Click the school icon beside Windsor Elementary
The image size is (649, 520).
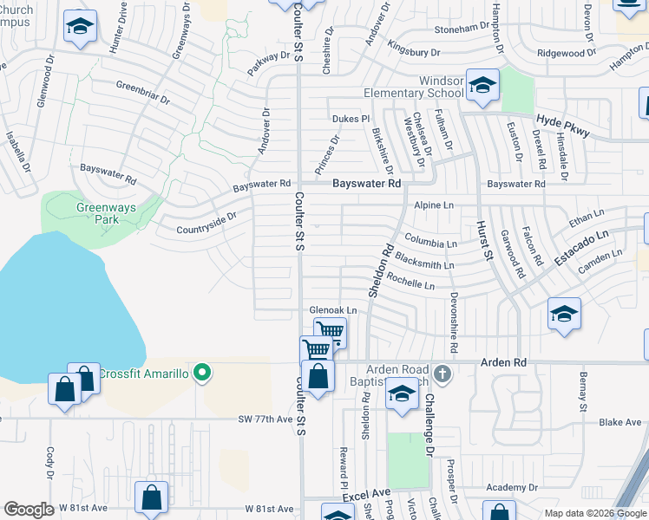[482, 85]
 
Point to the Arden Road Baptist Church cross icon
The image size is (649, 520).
[442, 374]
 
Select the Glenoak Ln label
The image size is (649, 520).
[333, 310]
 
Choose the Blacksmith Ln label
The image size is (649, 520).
[424, 261]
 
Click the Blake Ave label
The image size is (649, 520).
[619, 422]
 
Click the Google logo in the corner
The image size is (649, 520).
[29, 509]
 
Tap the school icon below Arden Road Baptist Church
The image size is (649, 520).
[401, 395]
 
